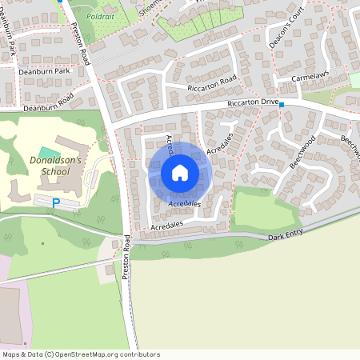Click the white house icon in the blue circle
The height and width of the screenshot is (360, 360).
pos(180,172)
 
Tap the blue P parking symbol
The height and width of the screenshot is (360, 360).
pos(55,203)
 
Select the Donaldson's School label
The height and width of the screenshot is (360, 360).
pos(50,166)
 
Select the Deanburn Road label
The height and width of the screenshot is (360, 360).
pos(48,102)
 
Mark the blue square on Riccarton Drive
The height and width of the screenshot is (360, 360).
pos(282,105)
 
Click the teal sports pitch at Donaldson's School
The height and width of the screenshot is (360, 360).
pos(49,152)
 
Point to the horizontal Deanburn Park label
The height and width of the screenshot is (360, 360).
pos(46,71)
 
